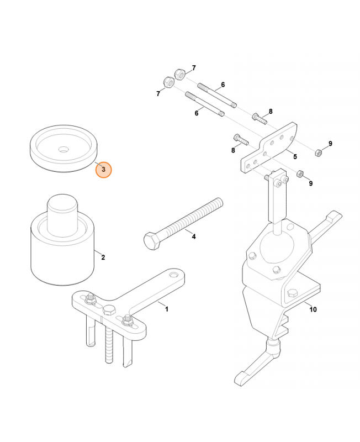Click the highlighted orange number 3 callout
click(x=103, y=170)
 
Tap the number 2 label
click(x=103, y=257)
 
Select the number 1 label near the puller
click(x=166, y=309)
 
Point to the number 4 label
click(x=193, y=236)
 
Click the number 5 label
click(x=295, y=157)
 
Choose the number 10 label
click(x=313, y=309)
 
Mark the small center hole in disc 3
click(x=64, y=149)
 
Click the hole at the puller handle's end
click(x=174, y=275)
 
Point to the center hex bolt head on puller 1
click(x=109, y=309)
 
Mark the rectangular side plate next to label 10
click(x=301, y=293)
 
